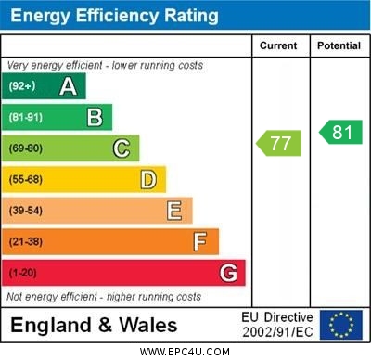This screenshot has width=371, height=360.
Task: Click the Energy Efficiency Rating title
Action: click(x=114, y=16)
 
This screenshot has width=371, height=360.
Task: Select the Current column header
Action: click(x=278, y=45)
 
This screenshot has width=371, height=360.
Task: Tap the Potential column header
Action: click(x=339, y=45)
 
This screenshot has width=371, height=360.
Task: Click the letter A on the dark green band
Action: click(x=68, y=86)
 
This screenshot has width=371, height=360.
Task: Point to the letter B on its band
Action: click(x=95, y=117)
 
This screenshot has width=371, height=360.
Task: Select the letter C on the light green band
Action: click(x=122, y=148)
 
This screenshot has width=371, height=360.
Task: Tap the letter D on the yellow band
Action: click(x=147, y=179)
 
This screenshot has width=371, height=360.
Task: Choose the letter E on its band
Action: click(x=173, y=211)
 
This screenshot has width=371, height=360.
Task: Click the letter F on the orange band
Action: click(x=200, y=242)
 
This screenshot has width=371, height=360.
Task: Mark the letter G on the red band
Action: click(x=227, y=273)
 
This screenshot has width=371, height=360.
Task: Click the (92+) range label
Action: click(x=22, y=86)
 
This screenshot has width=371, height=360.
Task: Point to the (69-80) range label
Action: click(x=26, y=148)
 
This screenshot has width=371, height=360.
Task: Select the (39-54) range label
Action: click(x=26, y=211)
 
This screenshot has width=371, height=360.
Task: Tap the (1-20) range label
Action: click(x=23, y=274)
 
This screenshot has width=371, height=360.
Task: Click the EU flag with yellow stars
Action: click(x=341, y=325)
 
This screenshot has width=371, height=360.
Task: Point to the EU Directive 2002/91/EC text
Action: click(x=277, y=325)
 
